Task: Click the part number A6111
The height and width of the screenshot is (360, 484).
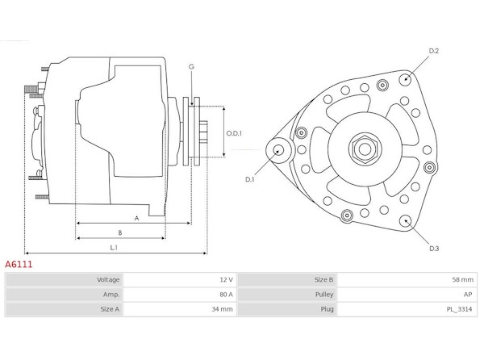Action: [19, 264]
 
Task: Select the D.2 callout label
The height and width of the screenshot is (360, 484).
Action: [434, 51]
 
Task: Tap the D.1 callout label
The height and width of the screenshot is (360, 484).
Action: [250, 179]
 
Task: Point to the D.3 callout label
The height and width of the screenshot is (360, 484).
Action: [434, 249]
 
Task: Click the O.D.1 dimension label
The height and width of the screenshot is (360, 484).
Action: [234, 133]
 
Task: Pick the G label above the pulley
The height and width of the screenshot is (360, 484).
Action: [191, 67]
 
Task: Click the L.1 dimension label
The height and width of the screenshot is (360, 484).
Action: [114, 247]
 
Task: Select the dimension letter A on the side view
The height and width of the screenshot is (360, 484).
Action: [137, 218]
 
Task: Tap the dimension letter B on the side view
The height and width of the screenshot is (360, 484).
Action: [120, 232]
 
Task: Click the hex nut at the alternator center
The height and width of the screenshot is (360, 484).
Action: [365, 149]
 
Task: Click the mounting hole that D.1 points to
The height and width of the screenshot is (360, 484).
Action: [278, 151]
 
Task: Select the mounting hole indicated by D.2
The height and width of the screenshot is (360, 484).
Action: [405, 80]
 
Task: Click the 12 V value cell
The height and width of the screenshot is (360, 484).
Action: [226, 280]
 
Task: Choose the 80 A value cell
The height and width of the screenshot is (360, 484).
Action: [226, 295]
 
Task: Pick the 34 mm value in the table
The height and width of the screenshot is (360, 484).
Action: [223, 309]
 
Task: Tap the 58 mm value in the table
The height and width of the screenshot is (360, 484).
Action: [463, 280]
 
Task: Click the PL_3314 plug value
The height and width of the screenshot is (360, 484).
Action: [459, 309]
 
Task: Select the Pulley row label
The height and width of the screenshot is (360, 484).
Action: [324, 295]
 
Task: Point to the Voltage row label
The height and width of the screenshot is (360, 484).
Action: [108, 280]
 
